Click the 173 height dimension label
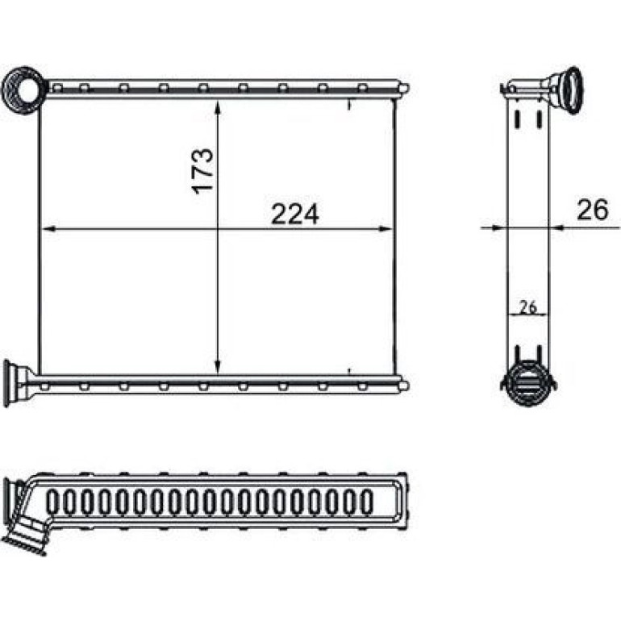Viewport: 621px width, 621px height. coord(202,171)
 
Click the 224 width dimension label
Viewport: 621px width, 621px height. coord(294,215)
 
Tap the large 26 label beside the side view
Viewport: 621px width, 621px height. coord(592,210)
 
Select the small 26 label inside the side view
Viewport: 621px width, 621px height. coord(527,306)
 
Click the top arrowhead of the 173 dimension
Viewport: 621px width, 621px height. coord(218,107)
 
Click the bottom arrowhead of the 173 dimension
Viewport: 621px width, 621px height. coord(218,367)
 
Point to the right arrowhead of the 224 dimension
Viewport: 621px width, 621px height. coord(386,228)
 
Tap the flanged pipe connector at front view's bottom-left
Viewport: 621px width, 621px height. coord(16,383)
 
